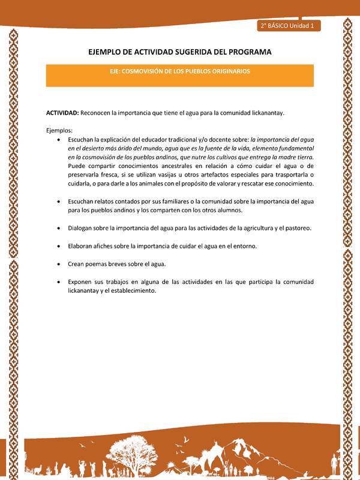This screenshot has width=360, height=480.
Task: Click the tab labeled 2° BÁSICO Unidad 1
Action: [x=289, y=26]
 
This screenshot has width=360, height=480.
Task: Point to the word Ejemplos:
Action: [x=59, y=130]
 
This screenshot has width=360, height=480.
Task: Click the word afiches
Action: [x=106, y=246]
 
